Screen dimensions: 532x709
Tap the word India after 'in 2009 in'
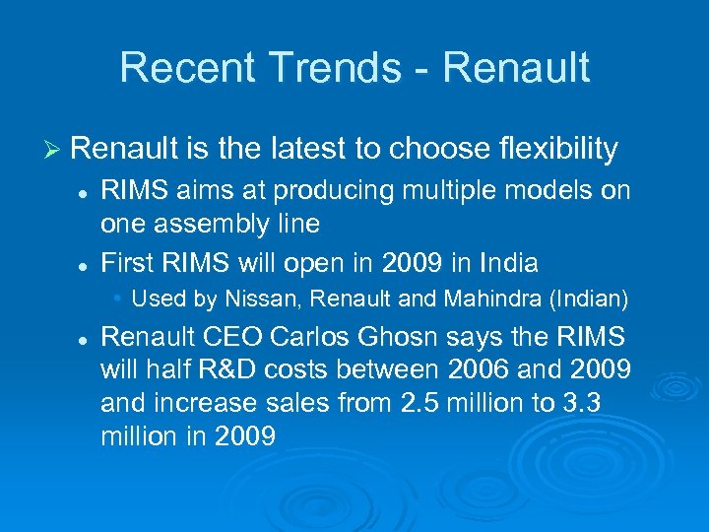coord(509,263)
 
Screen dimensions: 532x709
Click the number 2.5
coord(417,402)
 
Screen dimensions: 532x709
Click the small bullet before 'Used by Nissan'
coord(118,297)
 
